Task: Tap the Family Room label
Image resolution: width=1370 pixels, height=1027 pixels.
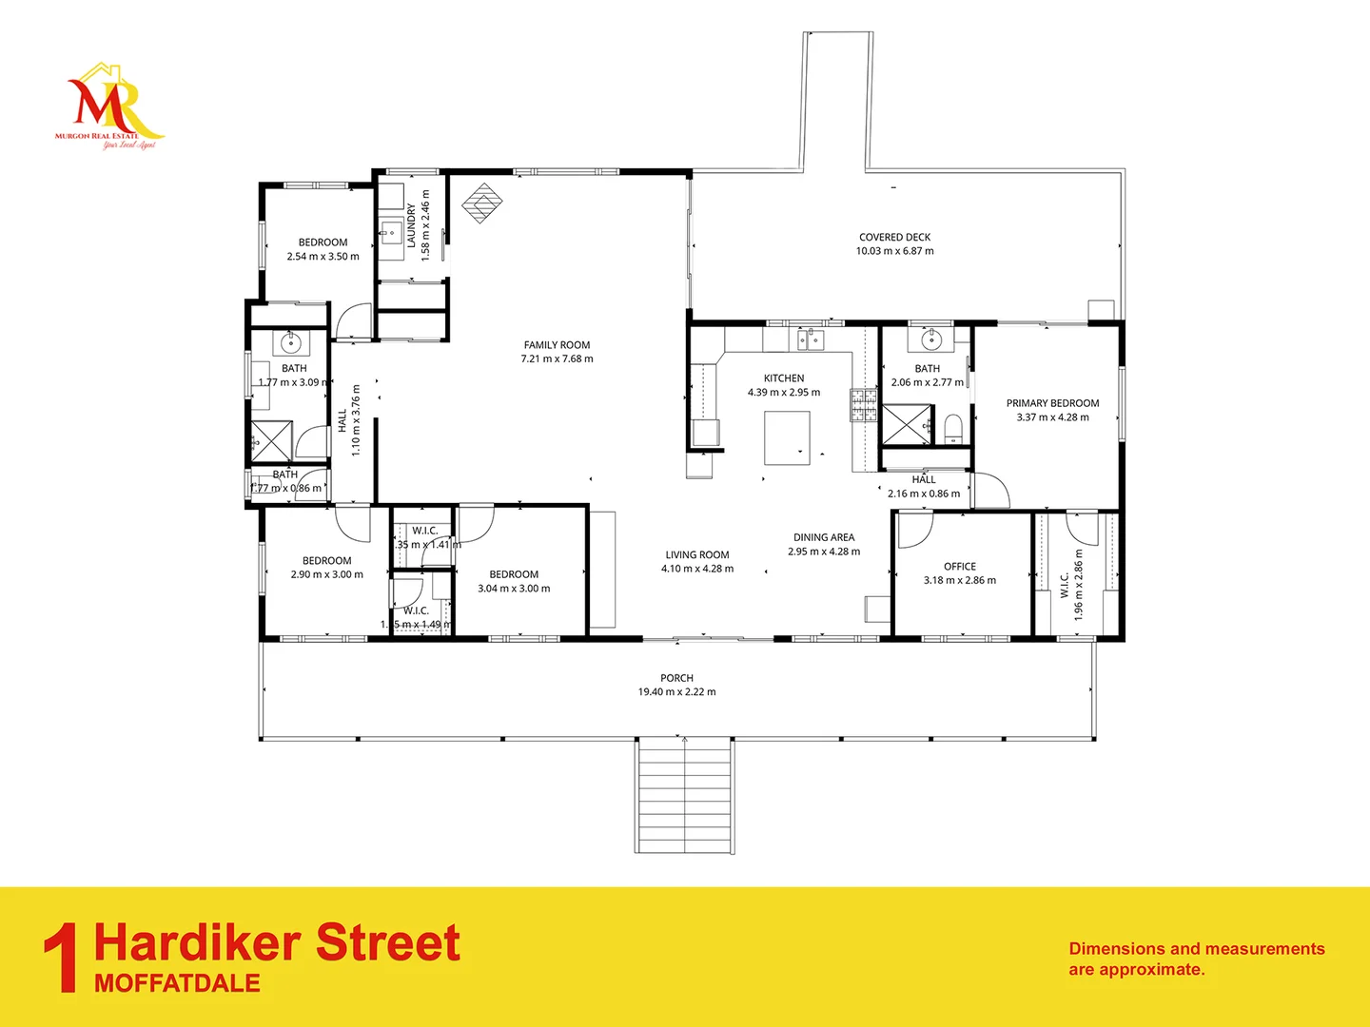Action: [557, 345]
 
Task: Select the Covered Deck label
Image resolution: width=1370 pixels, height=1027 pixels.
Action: [894, 238]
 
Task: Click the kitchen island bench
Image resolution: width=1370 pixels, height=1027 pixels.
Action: [788, 437]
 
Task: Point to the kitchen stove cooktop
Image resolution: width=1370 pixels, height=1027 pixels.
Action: [863, 405]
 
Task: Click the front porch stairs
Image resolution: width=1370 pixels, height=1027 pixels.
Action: [684, 796]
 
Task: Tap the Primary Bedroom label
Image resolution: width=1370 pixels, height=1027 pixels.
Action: [1052, 403]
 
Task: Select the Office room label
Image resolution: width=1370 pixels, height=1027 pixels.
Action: [960, 567]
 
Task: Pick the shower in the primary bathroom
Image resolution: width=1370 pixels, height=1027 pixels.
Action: [907, 424]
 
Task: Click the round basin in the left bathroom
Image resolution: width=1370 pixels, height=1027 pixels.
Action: [289, 342]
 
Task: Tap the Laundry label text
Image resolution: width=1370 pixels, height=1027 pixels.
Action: [412, 225]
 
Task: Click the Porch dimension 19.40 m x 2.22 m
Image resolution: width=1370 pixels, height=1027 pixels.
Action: [676, 692]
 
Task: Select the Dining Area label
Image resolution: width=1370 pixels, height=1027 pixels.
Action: [824, 537]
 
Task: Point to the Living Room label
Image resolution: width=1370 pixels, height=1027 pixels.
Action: [697, 555]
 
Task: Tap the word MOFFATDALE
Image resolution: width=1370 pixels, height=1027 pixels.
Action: [177, 983]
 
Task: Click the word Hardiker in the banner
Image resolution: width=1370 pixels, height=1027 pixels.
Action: [198, 942]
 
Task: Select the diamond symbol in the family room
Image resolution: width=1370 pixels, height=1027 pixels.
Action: [483, 203]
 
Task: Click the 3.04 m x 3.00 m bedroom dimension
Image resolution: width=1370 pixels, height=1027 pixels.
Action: [514, 589]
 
